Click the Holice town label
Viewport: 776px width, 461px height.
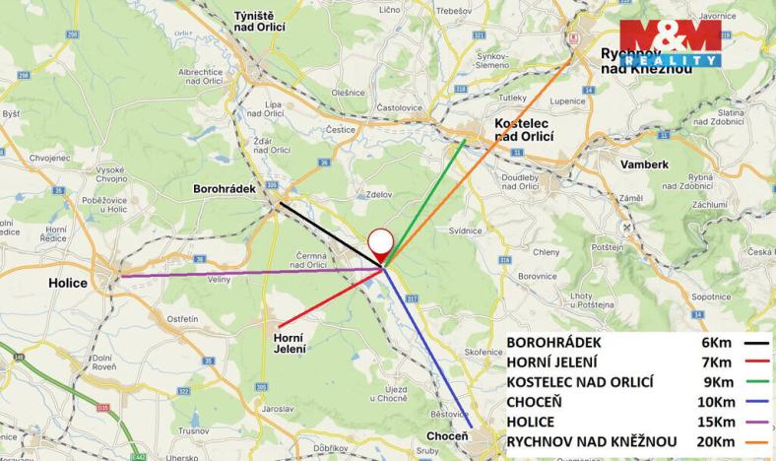[68, 283]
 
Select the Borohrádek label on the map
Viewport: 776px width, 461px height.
[224, 187]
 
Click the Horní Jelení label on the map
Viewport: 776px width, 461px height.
[289, 343]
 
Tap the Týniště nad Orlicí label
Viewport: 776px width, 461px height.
[259, 21]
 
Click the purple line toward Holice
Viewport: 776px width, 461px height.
[246, 272]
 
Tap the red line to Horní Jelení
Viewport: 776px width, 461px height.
[330, 296]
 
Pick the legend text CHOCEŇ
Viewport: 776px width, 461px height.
[540, 401]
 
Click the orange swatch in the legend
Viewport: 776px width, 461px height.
[757, 440]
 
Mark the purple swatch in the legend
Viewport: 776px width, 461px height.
[757, 421]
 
